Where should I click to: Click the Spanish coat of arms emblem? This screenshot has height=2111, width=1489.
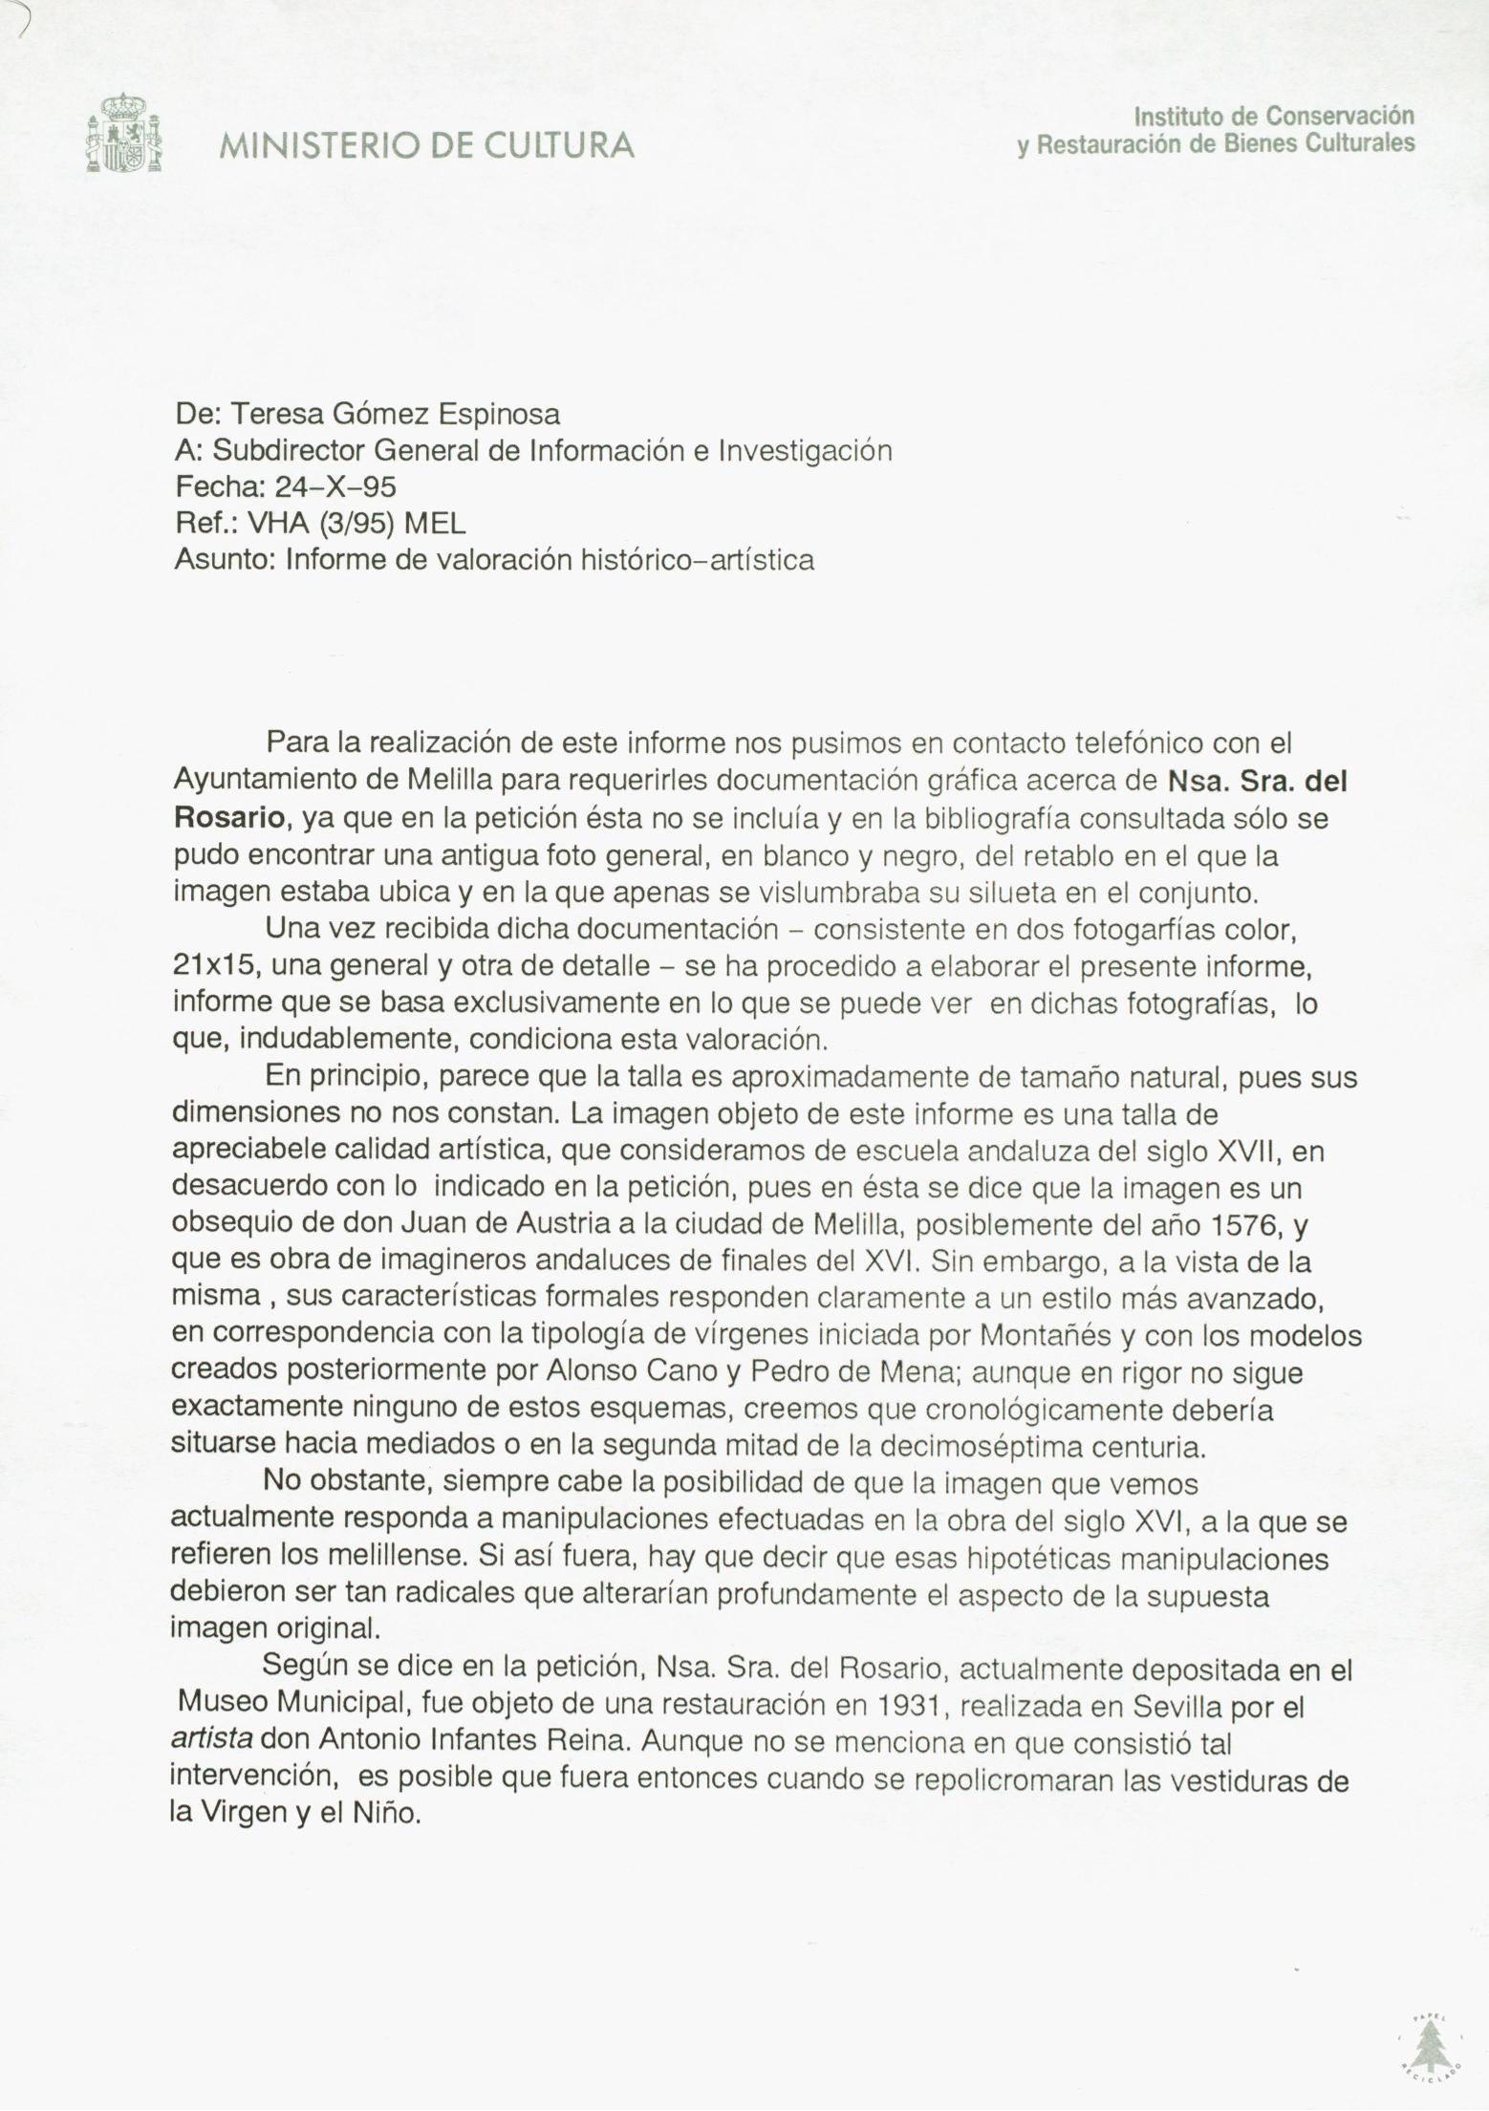(x=123, y=133)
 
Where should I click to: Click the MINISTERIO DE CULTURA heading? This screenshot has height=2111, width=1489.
(x=427, y=145)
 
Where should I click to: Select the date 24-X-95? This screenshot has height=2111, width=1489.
(x=335, y=487)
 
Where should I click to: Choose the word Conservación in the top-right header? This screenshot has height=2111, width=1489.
(x=1339, y=117)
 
